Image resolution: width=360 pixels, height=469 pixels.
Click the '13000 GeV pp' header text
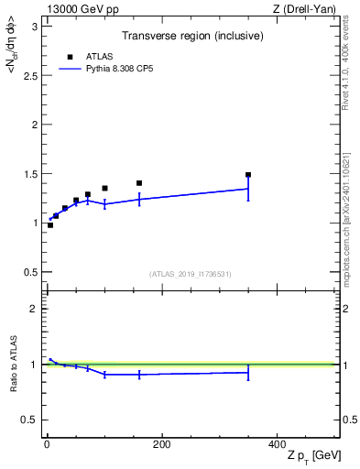click(78, 8)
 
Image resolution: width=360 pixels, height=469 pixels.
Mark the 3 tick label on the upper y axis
click(34, 26)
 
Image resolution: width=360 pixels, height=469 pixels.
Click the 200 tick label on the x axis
click(161, 445)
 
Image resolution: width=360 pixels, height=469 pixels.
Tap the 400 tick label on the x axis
click(276, 445)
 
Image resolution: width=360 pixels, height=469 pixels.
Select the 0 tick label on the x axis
click(47, 445)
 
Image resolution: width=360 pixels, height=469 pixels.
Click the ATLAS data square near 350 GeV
click(248, 174)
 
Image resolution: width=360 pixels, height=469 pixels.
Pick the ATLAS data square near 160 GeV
click(139, 183)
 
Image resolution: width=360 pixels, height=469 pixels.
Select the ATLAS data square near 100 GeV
click(104, 189)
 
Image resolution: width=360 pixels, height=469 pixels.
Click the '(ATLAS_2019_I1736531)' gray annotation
click(191, 274)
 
